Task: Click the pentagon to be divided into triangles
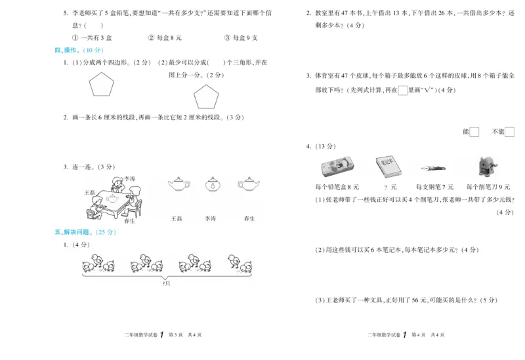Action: point(206,98)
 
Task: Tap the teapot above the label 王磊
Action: point(176,185)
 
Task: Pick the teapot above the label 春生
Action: point(249,185)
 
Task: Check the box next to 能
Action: point(474,132)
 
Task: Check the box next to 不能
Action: point(509,132)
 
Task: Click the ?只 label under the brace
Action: point(166,283)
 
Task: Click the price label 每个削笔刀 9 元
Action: point(488,188)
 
